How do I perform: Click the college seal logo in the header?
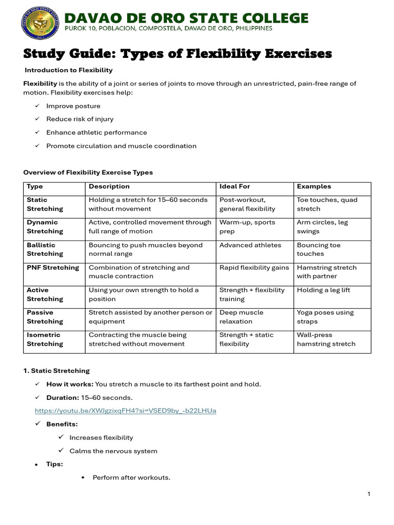40,23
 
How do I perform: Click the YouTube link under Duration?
125,411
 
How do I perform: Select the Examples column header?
314,187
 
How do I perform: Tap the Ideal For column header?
234,187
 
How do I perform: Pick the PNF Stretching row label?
53,268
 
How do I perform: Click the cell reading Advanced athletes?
250,245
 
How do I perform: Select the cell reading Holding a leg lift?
323,290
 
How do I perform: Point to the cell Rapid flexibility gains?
254,268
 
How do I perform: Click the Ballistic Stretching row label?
45,249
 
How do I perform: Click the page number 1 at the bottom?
368,494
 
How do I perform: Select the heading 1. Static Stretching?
56,371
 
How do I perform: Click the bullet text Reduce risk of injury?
80,119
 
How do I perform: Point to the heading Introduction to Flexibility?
69,70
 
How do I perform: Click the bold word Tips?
55,464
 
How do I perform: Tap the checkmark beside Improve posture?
37,106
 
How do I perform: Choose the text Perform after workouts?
131,477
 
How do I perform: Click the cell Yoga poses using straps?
325,317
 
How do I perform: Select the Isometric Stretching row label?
45,339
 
